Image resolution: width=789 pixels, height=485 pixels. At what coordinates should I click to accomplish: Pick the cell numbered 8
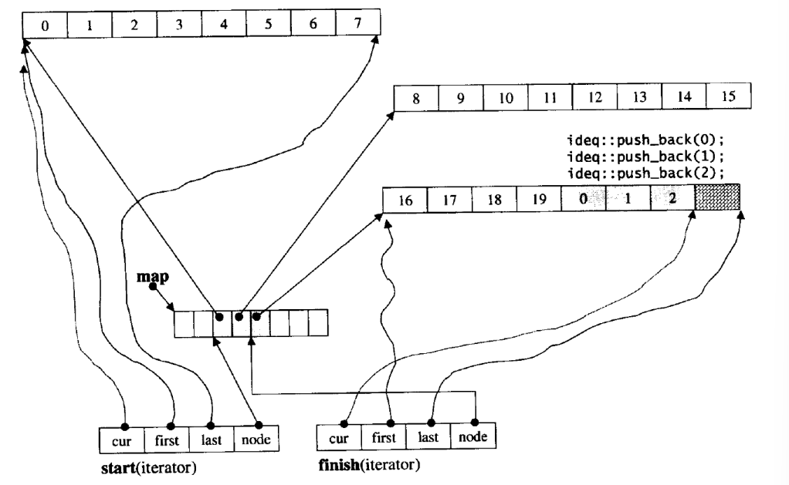pyautogui.click(x=416, y=99)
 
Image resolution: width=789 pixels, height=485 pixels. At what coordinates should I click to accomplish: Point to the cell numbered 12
pyautogui.click(x=595, y=99)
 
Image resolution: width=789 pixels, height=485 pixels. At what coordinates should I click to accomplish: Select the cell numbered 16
pyautogui.click(x=405, y=200)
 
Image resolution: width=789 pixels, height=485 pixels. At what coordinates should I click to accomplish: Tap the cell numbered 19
pyautogui.click(x=539, y=200)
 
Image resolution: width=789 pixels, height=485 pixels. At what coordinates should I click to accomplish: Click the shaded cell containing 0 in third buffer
pyautogui.click(x=584, y=200)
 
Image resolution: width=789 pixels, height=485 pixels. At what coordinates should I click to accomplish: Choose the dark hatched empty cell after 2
pyautogui.click(x=717, y=200)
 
